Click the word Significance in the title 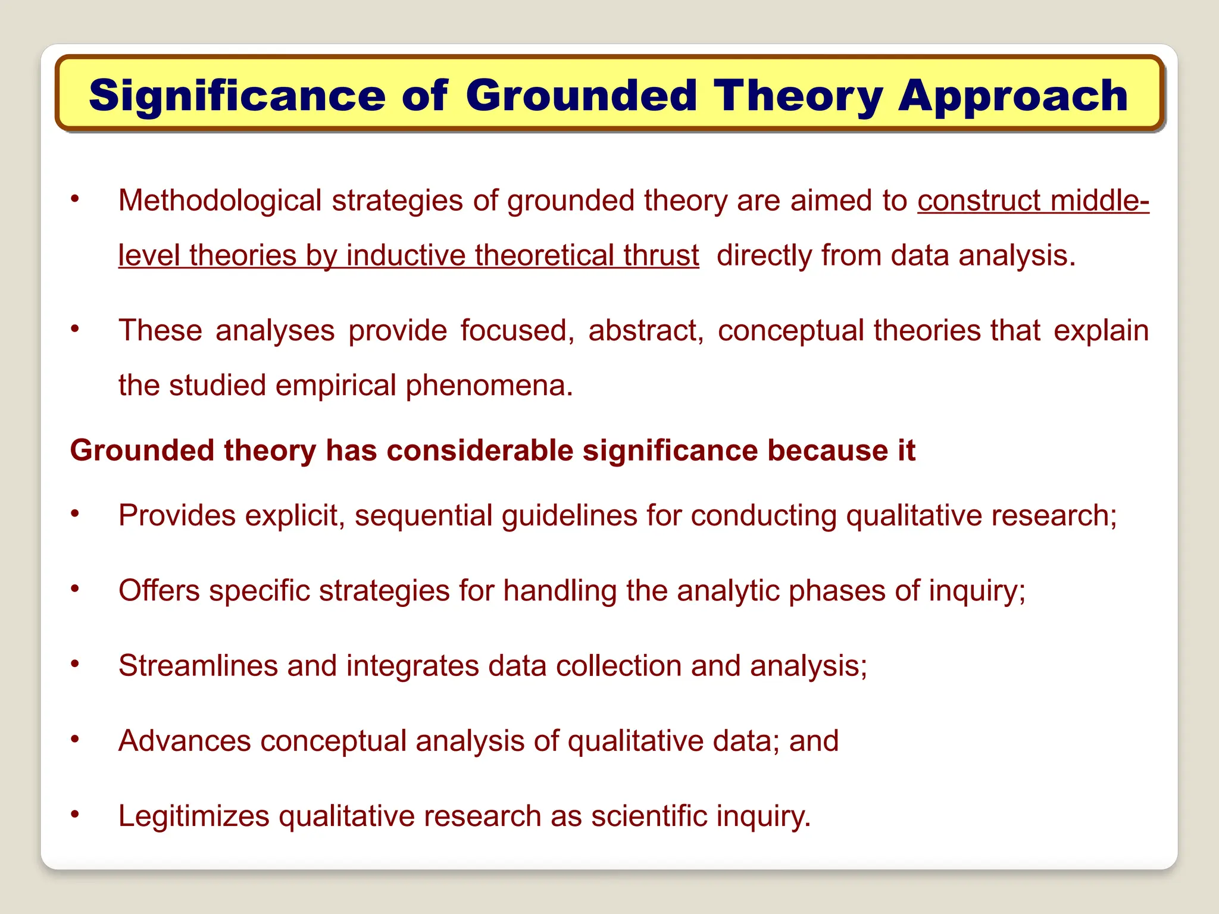coord(237,96)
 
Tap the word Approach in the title coord(1012,96)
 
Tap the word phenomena coord(489,386)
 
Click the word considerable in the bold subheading coord(480,450)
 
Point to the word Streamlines coord(198,666)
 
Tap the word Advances coord(185,741)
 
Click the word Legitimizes coord(193,816)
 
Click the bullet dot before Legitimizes coord(74,813)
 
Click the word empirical coord(336,386)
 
